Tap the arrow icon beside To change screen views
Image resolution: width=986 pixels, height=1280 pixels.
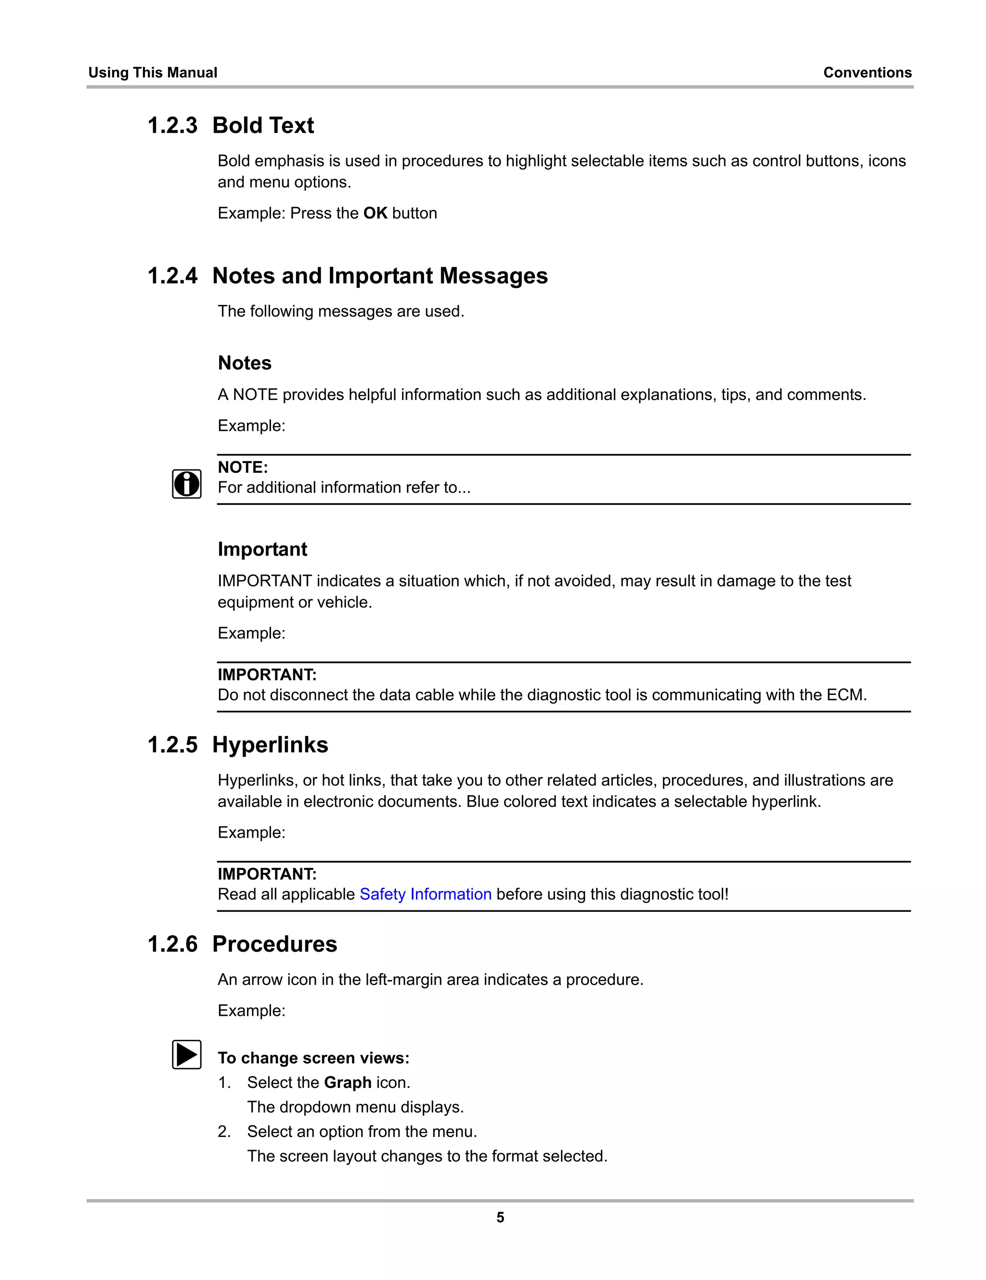186,1054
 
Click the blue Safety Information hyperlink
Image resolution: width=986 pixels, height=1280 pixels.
425,894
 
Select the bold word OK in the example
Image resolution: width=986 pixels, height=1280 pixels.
375,213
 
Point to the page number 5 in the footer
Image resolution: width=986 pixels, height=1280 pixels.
500,1217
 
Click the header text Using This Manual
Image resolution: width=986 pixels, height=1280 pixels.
153,73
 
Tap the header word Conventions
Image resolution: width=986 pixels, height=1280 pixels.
867,73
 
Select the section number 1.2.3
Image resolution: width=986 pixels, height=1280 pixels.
172,126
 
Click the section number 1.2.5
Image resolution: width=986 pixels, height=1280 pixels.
172,745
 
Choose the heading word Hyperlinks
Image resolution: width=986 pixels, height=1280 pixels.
270,745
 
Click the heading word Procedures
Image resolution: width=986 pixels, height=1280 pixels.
274,944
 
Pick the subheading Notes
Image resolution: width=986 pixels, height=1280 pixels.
245,363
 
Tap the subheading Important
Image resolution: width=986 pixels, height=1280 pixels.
262,549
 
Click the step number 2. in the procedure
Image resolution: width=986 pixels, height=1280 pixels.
224,1131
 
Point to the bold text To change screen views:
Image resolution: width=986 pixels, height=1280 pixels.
313,1058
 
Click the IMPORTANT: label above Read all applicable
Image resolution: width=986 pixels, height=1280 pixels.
267,874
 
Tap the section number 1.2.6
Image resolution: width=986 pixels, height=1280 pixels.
172,944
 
